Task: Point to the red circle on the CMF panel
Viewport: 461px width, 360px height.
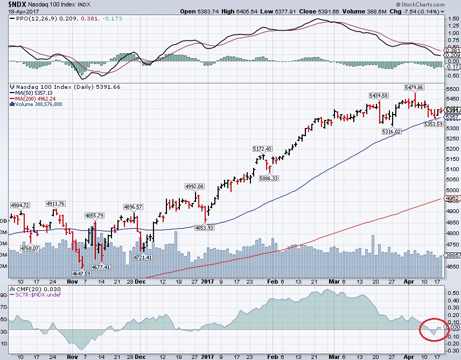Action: pos(432,329)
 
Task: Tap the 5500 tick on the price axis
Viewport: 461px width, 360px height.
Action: pos(451,89)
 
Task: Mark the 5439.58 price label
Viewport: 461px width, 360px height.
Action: pos(378,95)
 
